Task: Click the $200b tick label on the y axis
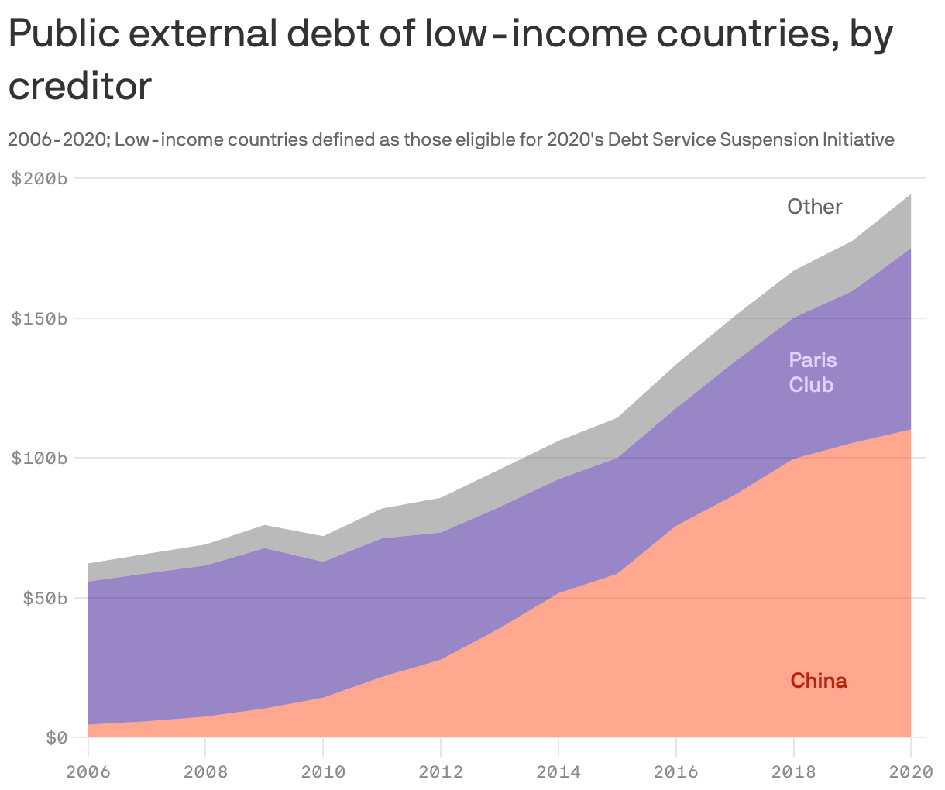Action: tap(40, 179)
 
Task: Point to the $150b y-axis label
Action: tap(40, 319)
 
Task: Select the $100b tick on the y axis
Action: tap(40, 459)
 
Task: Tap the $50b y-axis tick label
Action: tap(44, 599)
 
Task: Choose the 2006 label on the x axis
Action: tap(88, 771)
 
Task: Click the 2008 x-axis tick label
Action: tap(205, 771)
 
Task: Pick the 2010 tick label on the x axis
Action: tap(323, 771)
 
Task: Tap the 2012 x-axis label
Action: tap(441, 771)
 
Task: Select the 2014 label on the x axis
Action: tap(558, 771)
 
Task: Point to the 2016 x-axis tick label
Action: tap(675, 771)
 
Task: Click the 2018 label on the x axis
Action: tap(793, 771)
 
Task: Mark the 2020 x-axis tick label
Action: tap(909, 771)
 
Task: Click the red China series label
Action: tap(819, 681)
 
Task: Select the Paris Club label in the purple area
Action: tap(813, 373)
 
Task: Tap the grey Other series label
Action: tap(815, 207)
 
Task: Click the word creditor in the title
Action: tap(80, 86)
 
